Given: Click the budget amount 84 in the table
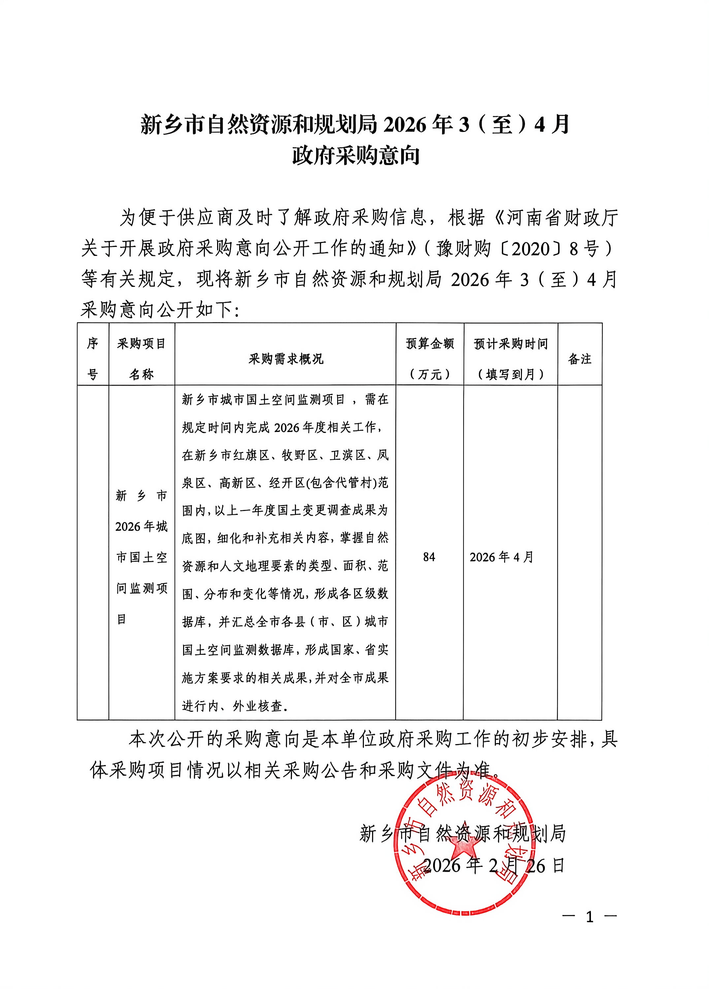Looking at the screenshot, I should pos(429,557).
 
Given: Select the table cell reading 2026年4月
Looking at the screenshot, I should pos(501,557).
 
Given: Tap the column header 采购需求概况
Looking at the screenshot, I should pos(286,359).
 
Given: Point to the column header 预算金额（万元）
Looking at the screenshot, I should pos(430,359).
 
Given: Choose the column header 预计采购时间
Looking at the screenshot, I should pos(510,345).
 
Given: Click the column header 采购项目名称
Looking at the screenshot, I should pos(141,359).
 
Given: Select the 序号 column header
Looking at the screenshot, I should pos(92,359).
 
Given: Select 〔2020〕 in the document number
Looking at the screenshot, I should pos(532,249).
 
